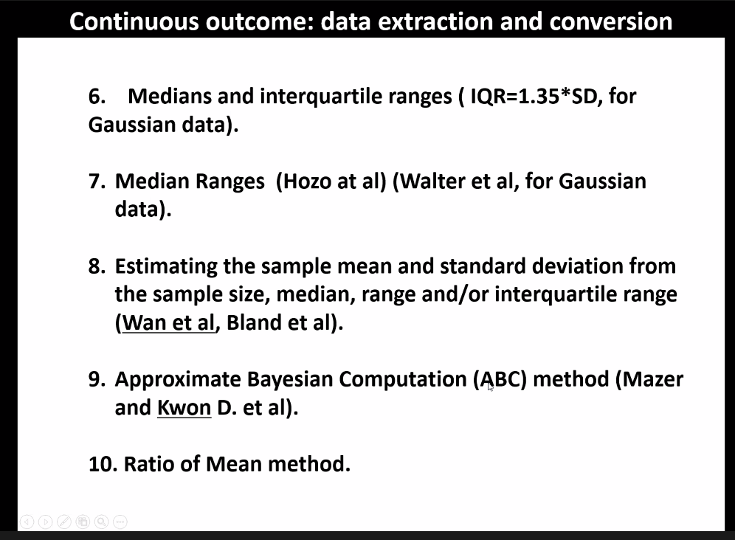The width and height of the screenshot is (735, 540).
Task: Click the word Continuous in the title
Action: pyautogui.click(x=134, y=21)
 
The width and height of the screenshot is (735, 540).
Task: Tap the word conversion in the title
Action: pyautogui.click(x=610, y=21)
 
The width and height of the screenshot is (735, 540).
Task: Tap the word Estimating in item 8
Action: pyautogui.click(x=166, y=267)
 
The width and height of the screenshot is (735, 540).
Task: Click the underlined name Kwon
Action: pyautogui.click(x=184, y=408)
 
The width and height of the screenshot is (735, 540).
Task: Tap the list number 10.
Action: pyautogui.click(x=103, y=465)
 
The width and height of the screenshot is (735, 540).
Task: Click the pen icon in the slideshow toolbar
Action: pyautogui.click(x=64, y=522)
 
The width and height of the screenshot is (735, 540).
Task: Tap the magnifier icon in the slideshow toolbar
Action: pyautogui.click(x=102, y=522)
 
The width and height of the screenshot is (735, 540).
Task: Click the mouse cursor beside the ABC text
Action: pyautogui.click(x=490, y=387)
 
